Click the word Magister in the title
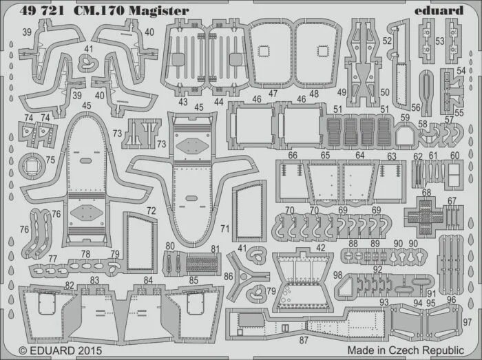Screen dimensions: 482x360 pos(158,11)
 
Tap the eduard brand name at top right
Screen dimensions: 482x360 pos(439,10)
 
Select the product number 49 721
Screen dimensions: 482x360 pos(42,11)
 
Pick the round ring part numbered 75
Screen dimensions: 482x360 pos(32,166)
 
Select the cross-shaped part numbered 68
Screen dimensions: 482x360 pos(424,213)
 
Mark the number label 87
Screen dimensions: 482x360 pos(304,340)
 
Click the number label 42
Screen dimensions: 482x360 pos(320,248)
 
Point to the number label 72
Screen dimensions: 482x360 pos(151,211)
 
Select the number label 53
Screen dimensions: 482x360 pos(440,41)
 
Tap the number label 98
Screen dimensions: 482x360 pos(338,275)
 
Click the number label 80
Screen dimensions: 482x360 pos(170,246)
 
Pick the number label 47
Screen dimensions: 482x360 pos(273,94)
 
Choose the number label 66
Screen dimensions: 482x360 pos(293,155)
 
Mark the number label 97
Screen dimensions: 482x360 pos(468,322)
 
